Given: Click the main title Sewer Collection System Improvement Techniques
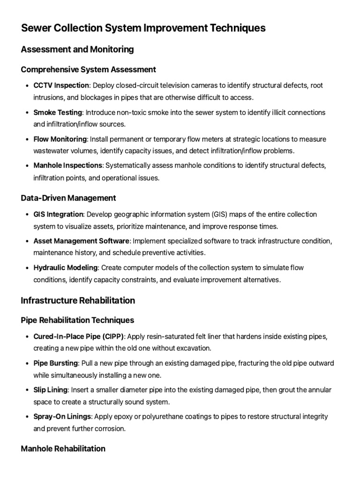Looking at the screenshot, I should coord(143,28).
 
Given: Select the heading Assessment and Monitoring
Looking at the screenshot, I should coord(77,49).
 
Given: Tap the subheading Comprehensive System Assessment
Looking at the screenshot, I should coord(89,69).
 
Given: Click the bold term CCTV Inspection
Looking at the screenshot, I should coord(61,86).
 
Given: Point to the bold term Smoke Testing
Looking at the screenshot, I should coord(58,112).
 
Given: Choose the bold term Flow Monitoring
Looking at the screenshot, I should coord(60,139).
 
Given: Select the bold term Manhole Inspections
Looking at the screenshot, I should coord(67,166).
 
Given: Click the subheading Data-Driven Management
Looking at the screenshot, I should coord(68,198).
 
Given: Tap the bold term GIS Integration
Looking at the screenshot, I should coord(58,214).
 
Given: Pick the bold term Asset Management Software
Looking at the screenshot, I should coord(81,241).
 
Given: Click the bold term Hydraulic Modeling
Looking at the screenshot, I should coord(66,268).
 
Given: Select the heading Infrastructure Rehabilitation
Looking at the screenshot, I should coord(78,300).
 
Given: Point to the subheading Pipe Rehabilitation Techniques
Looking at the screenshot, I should coord(77,320).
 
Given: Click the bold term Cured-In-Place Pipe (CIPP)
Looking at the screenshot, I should coord(79,337).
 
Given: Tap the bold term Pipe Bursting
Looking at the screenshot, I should coord(55,363).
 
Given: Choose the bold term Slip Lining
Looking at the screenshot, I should coord(51,390).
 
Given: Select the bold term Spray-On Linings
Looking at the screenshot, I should coord(61,417).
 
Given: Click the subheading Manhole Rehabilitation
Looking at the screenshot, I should coord(63,449).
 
